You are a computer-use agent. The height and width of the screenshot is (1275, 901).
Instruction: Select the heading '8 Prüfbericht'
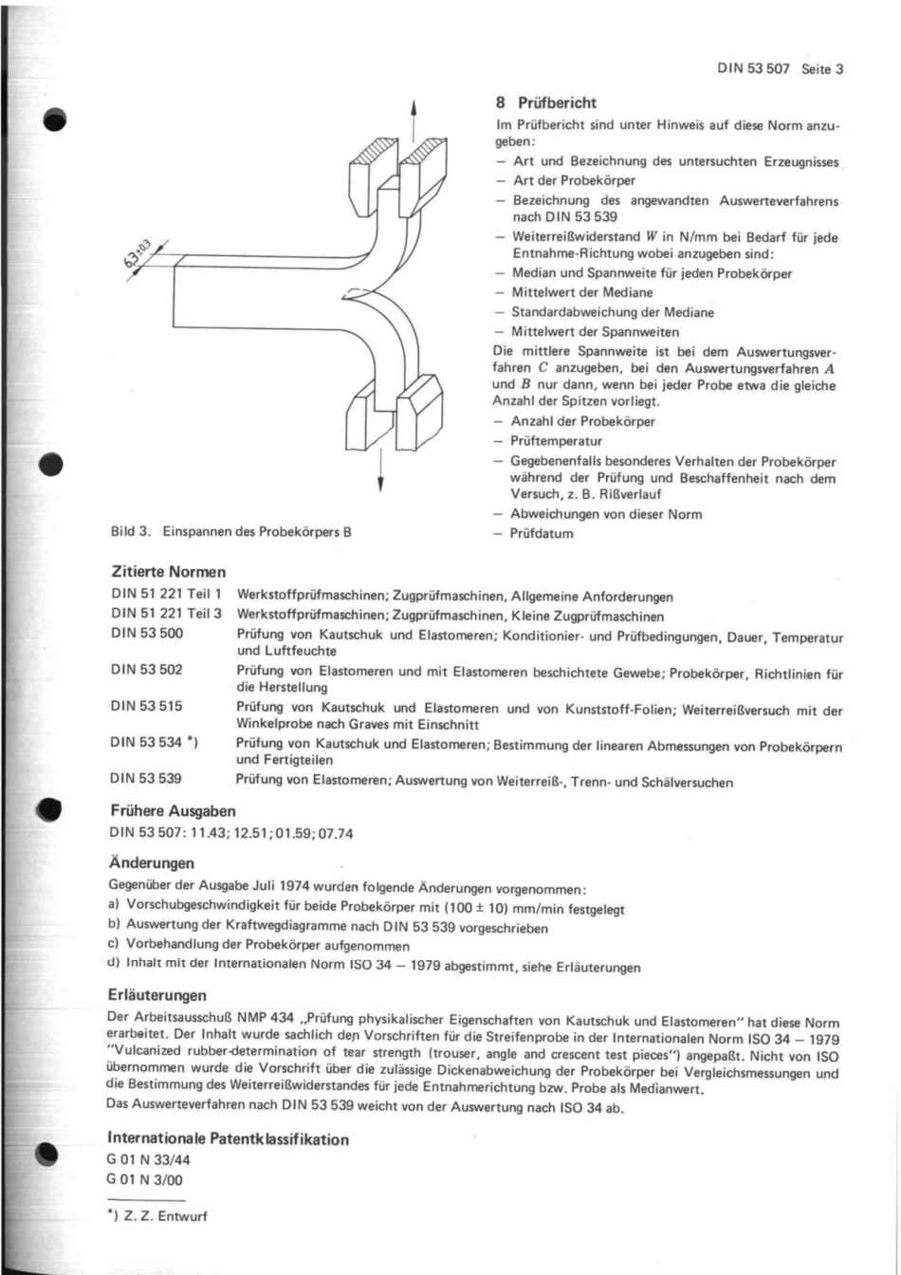coord(546,102)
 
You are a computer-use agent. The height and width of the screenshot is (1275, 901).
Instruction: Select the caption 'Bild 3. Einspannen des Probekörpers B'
coord(231,533)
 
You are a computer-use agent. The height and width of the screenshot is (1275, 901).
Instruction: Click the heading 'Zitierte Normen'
coord(168,572)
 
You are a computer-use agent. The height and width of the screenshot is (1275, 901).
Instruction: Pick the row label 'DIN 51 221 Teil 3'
coord(166,615)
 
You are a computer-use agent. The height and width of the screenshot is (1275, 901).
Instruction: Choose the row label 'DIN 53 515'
coord(147,706)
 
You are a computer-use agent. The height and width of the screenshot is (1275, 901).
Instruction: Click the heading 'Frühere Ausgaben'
coord(174,812)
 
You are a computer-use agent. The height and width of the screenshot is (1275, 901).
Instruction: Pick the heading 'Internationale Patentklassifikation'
coord(229,1138)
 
